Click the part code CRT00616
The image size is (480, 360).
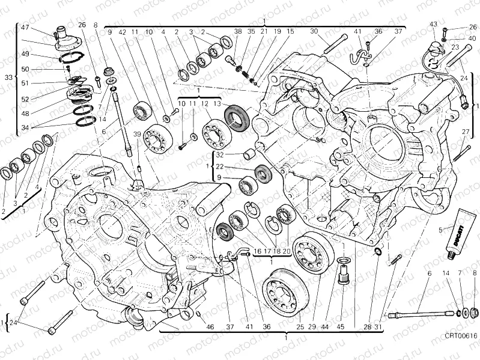click(x=461, y=352)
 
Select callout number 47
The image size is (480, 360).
click(x=25, y=28)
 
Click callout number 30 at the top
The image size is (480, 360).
click(x=314, y=31)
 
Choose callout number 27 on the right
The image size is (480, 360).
click(x=465, y=132)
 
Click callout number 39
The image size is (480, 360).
click(x=137, y=134)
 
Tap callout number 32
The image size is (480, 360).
click(x=220, y=154)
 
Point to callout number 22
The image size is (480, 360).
click(x=220, y=166)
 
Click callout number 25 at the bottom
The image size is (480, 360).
click(x=300, y=327)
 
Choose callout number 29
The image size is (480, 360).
click(x=312, y=327)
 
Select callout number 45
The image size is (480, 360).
click(x=341, y=327)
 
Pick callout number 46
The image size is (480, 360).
click(x=210, y=327)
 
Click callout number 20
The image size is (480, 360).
click(x=287, y=251)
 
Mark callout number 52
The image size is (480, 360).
click(x=25, y=100)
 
